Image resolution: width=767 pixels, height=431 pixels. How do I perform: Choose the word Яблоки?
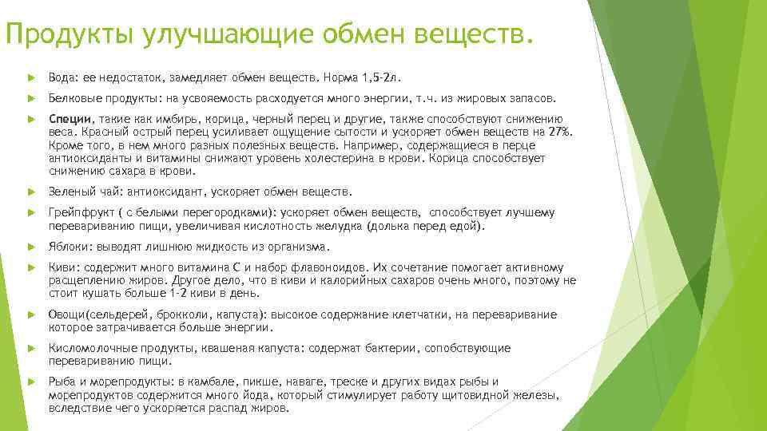point(66,247)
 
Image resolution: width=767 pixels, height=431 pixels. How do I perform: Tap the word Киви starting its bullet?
point(61,267)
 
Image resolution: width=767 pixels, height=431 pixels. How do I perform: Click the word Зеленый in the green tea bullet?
point(69,192)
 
